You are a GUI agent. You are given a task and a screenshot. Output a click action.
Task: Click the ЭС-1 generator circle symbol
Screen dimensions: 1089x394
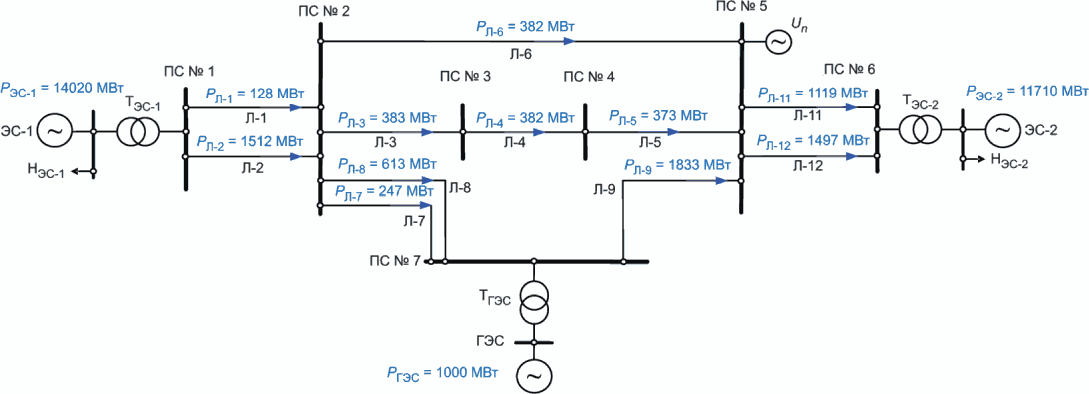tap(50, 131)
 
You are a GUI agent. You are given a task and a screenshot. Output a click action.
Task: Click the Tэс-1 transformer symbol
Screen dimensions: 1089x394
tap(137, 131)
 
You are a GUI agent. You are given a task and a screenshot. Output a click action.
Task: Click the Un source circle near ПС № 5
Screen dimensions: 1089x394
tap(777, 42)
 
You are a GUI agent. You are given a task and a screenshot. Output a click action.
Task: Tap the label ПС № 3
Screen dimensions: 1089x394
tap(465, 76)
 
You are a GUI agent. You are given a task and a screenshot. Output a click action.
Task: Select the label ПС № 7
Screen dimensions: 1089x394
tap(395, 261)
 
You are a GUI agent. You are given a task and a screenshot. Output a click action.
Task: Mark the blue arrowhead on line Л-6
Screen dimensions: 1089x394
tap(570, 41)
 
